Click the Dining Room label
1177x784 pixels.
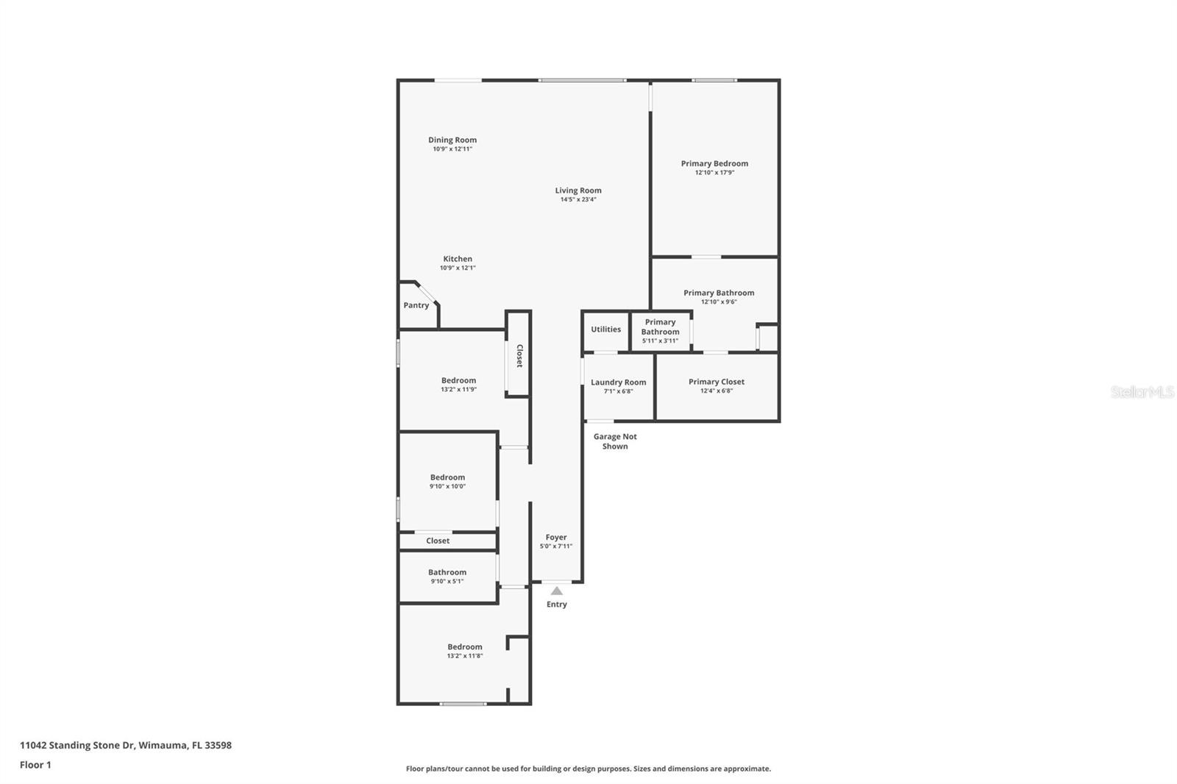(x=452, y=140)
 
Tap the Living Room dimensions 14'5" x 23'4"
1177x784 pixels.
(x=578, y=200)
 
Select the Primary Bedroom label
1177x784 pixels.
(x=714, y=163)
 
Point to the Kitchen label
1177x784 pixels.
(x=458, y=259)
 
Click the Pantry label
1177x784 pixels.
(x=416, y=305)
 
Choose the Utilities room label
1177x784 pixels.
(x=606, y=329)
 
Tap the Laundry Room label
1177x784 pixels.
(x=619, y=382)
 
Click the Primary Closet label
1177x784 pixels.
(x=716, y=382)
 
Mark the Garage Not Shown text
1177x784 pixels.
(x=615, y=441)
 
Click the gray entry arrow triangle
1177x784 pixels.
(x=556, y=591)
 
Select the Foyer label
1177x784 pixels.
(x=556, y=537)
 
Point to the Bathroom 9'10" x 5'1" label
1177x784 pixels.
(x=447, y=572)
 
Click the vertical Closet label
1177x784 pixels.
(x=519, y=356)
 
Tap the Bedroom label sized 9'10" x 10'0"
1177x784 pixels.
(x=448, y=477)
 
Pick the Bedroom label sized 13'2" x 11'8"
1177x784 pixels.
(x=465, y=647)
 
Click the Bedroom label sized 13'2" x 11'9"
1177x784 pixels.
(x=459, y=380)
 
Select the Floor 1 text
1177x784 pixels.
(x=36, y=765)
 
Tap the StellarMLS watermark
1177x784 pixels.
(x=1142, y=392)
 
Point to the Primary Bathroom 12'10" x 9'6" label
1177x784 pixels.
(x=719, y=293)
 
